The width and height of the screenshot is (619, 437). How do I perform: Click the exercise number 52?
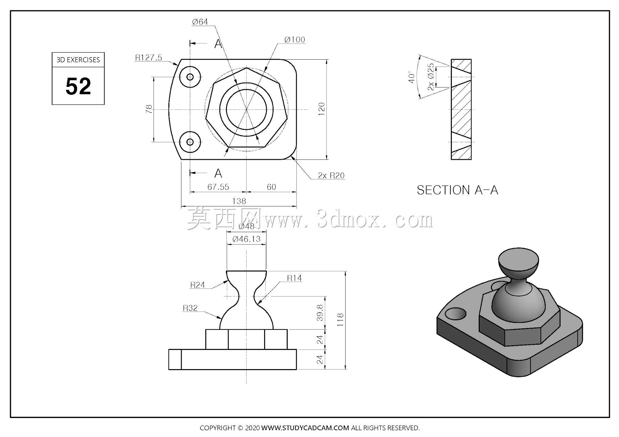click(x=78, y=86)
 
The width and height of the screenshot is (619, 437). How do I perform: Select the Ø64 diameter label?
click(x=200, y=22)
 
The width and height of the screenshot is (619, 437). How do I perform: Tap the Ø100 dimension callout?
click(x=295, y=40)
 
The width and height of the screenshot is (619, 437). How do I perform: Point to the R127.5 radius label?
click(x=148, y=57)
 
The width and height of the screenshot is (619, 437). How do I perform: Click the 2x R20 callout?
click(x=331, y=176)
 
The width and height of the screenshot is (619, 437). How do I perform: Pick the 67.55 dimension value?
click(x=218, y=187)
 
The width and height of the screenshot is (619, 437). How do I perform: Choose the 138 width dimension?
click(x=239, y=201)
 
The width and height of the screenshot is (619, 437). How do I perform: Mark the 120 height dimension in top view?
click(x=322, y=109)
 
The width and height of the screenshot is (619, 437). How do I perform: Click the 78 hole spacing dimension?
click(x=149, y=109)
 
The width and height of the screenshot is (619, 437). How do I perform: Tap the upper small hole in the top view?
click(x=190, y=77)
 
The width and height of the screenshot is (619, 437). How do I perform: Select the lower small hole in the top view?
click(x=190, y=142)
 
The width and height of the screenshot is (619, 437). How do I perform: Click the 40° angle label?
click(x=411, y=77)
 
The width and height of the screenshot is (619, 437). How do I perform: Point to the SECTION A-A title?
click(x=457, y=190)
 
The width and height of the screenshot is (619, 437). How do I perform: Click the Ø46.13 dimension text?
click(x=246, y=239)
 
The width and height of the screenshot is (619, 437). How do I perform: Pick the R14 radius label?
click(x=294, y=278)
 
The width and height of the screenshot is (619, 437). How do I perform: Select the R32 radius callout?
click(x=190, y=308)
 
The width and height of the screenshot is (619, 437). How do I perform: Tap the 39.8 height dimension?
click(x=320, y=313)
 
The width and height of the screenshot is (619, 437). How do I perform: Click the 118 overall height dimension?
click(x=340, y=320)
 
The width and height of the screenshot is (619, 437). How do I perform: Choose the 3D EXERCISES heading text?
click(x=78, y=60)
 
